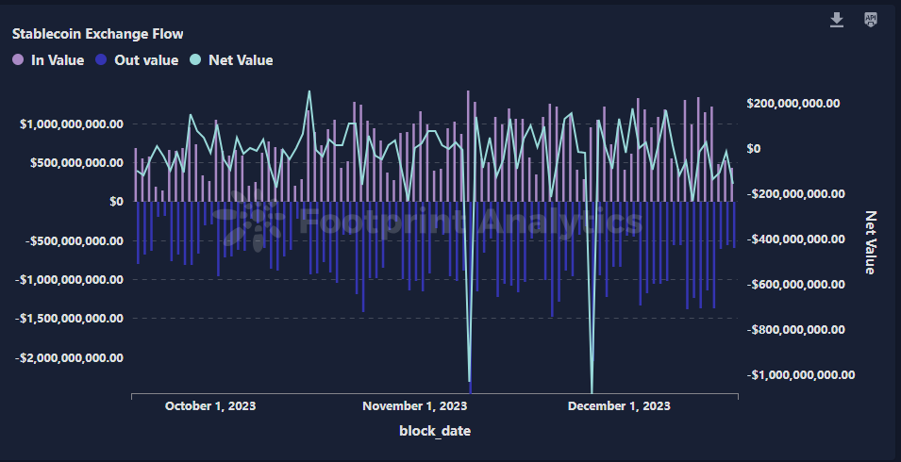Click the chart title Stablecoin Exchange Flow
97,34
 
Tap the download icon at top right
837,20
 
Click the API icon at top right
871,20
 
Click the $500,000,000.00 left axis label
75,162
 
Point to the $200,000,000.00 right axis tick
793,104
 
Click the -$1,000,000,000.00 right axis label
801,374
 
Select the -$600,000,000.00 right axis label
795,284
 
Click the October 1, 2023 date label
210,406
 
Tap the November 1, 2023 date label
414,406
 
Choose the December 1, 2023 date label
618,406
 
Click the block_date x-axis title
435,431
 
